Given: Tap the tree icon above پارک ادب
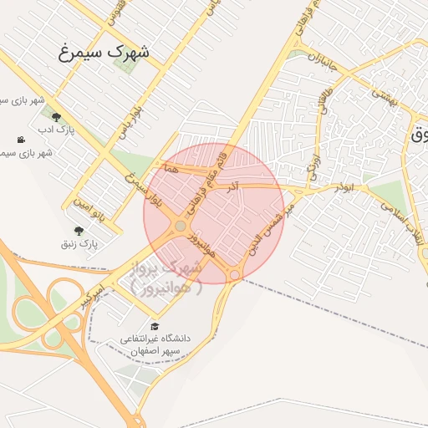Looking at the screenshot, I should click(56, 118).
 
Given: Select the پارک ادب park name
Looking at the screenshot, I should click(55, 132).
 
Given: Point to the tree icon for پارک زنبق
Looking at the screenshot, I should click(79, 231).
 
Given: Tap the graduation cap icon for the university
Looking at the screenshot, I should click(154, 326).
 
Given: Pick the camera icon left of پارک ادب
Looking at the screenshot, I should click(20, 139).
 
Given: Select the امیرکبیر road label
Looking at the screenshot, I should click(92, 293).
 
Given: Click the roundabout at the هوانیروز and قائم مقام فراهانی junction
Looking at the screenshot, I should click(181, 226).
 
